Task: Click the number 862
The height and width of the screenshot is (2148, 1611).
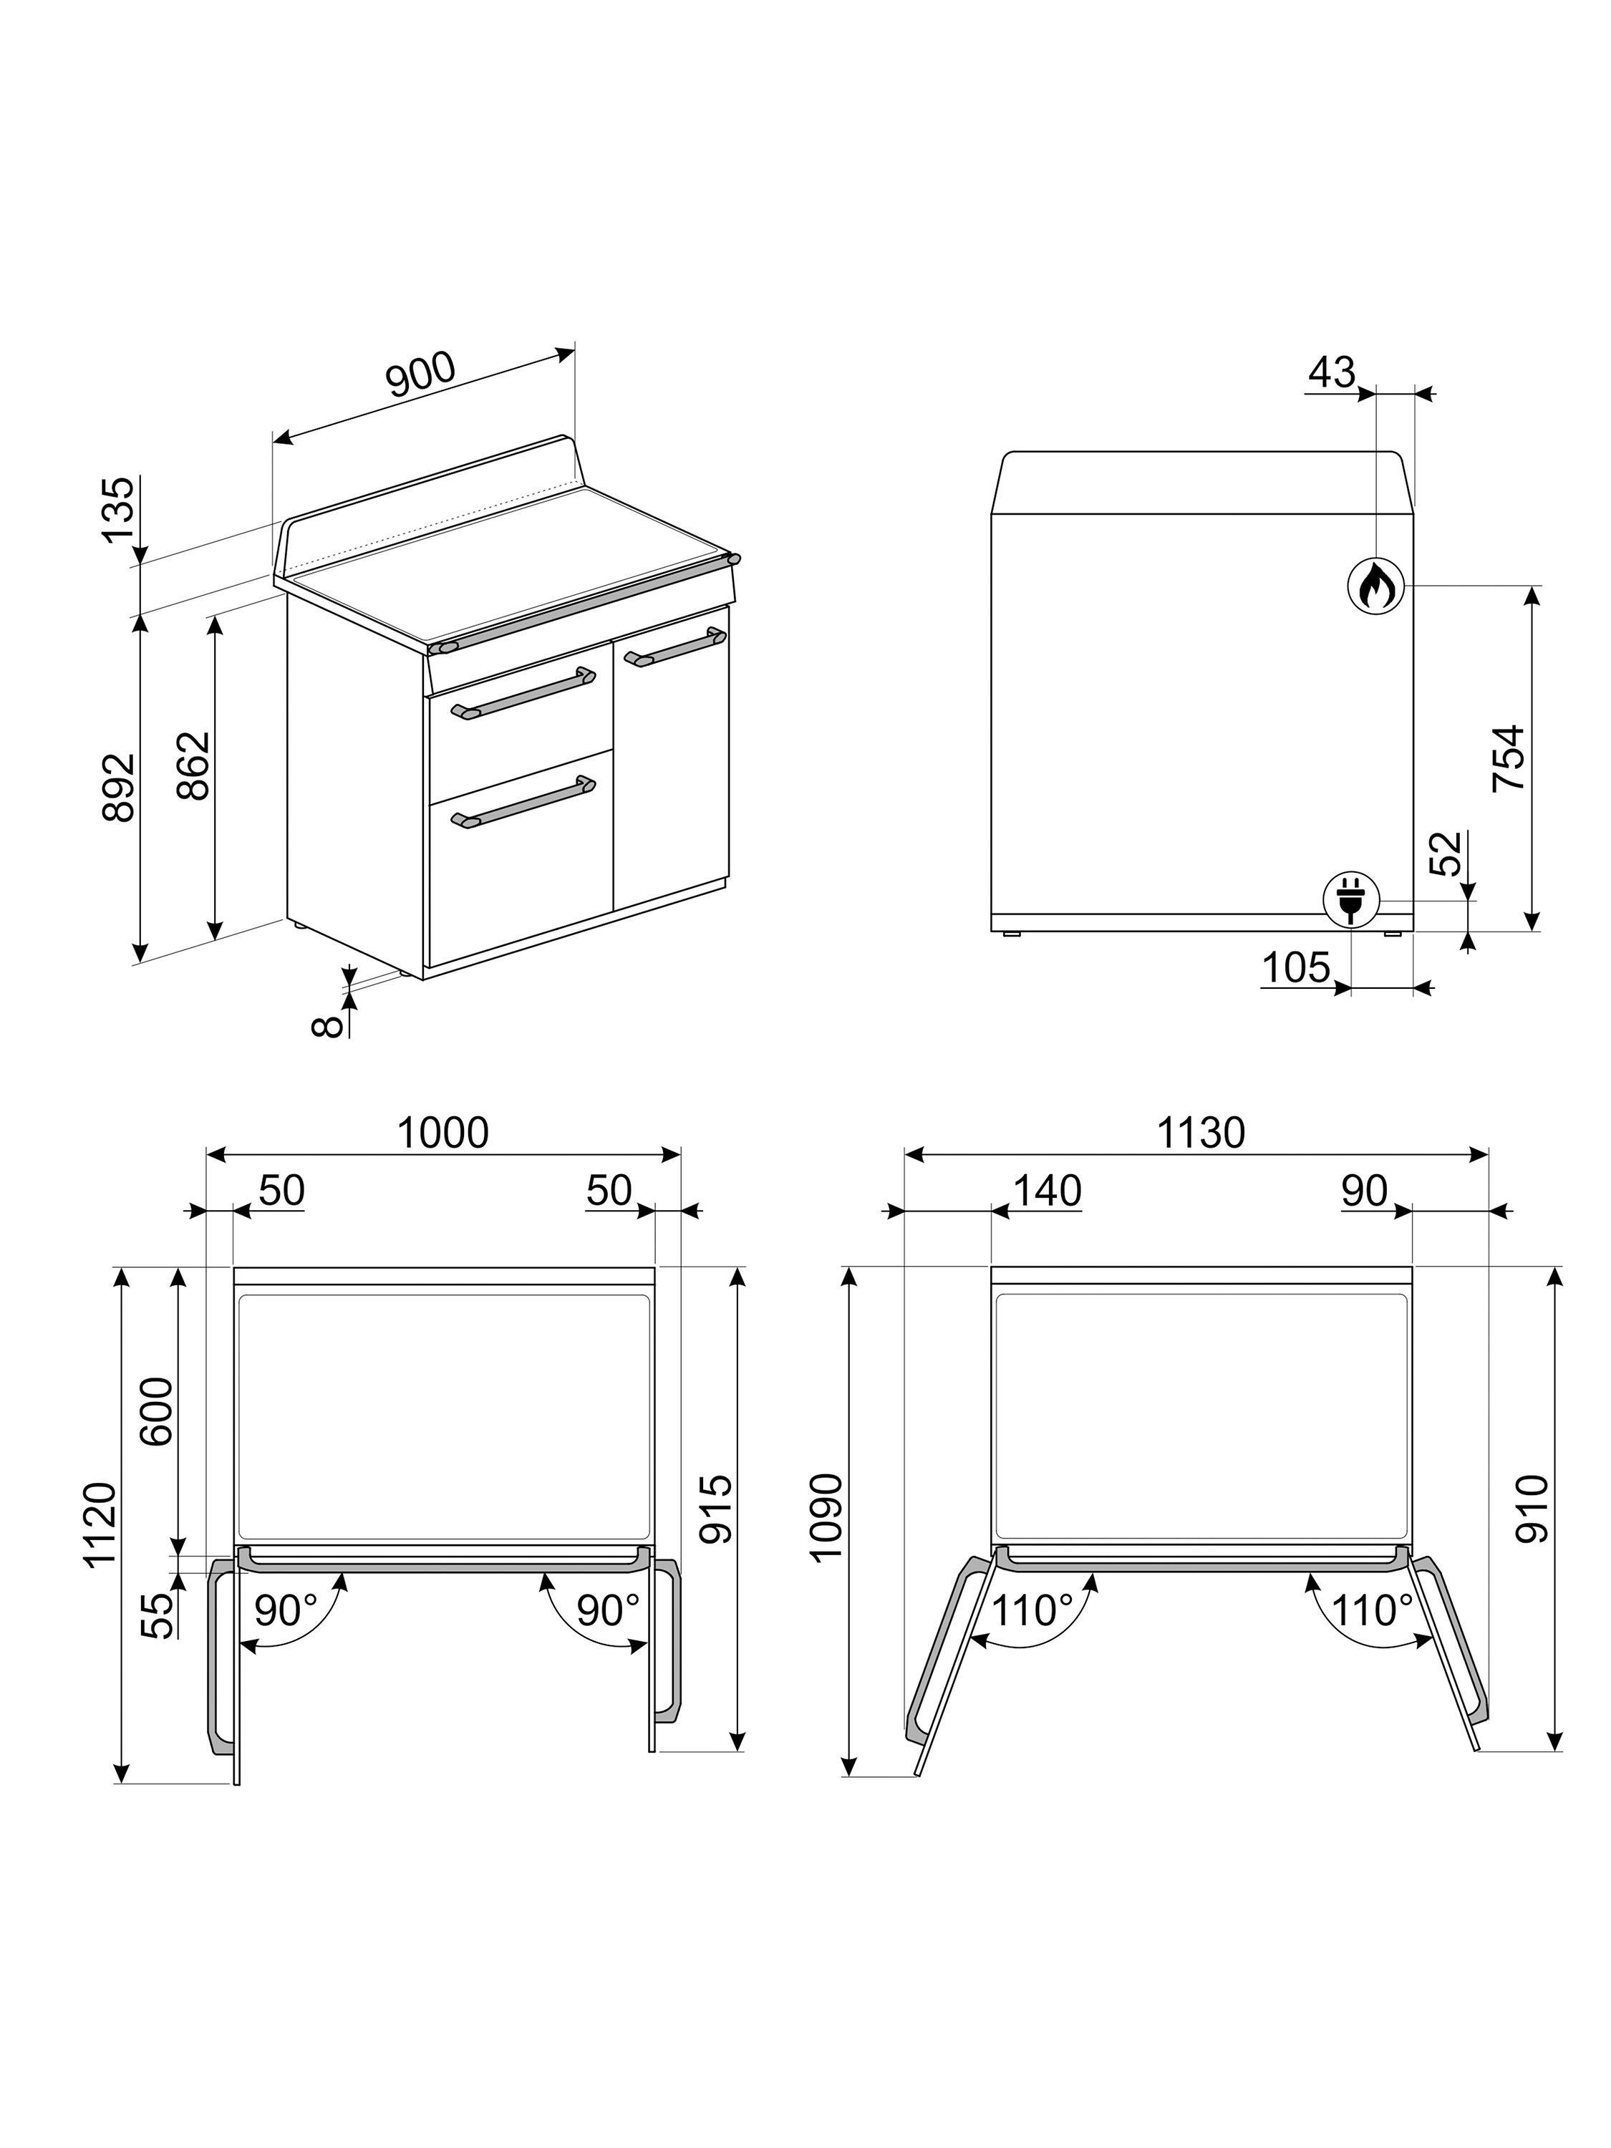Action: click(x=193, y=765)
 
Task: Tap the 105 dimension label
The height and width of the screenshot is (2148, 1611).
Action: click(x=1295, y=967)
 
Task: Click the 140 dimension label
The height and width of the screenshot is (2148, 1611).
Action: click(x=1047, y=1191)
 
